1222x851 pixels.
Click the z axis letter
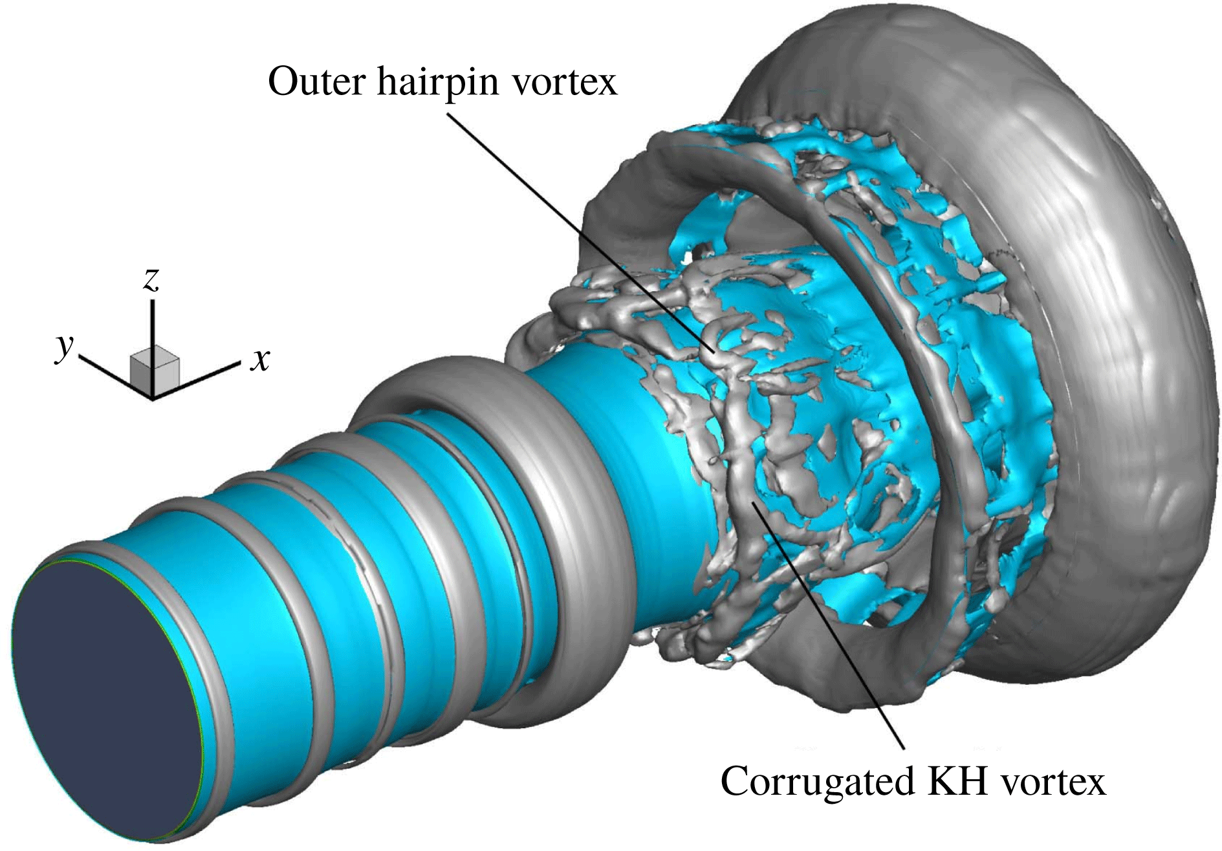pos(151,279)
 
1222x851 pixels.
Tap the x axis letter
pos(260,360)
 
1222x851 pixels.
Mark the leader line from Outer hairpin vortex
pos(582,233)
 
